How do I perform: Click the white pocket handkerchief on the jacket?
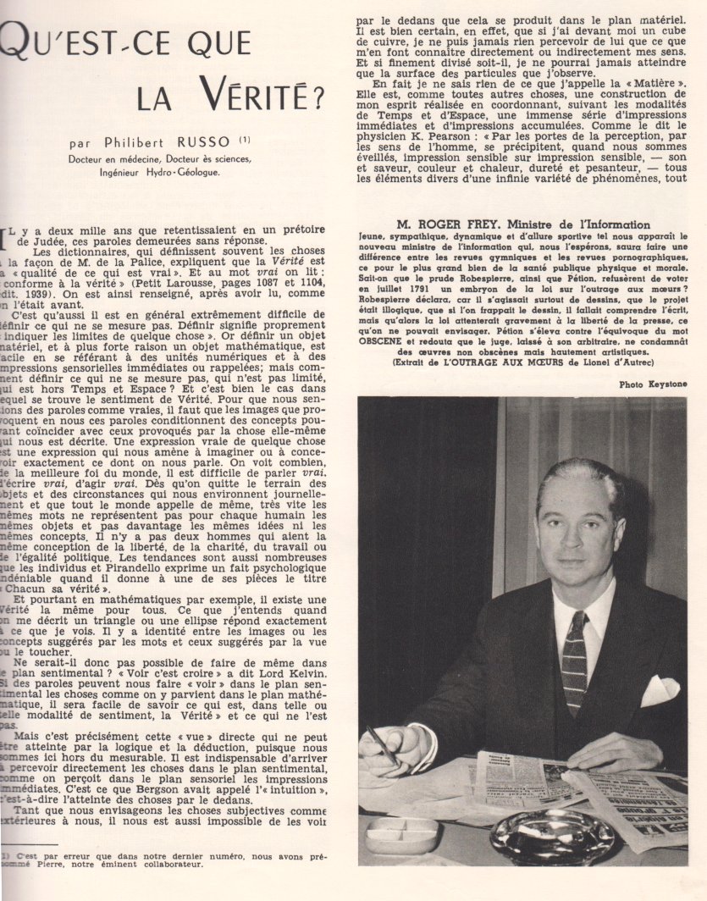(x=658, y=689)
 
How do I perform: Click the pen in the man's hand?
(x=384, y=746)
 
